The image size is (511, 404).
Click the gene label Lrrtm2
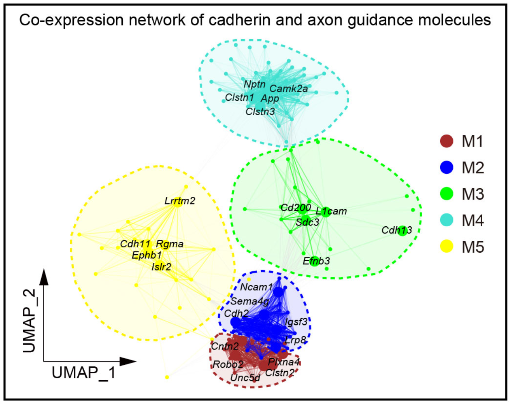(x=180, y=201)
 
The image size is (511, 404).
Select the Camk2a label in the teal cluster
(x=289, y=89)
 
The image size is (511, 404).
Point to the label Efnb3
(x=316, y=261)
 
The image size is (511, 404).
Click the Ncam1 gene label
(x=256, y=287)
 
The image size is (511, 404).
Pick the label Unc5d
(x=245, y=377)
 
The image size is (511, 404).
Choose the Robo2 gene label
(x=228, y=364)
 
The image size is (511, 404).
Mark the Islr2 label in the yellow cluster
(x=161, y=267)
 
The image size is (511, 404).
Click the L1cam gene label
(x=331, y=212)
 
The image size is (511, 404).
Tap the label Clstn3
(x=260, y=112)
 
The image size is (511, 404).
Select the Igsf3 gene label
(x=296, y=322)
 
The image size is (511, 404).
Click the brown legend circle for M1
(x=447, y=141)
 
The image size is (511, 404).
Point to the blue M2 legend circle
(x=447, y=167)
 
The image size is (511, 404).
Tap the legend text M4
(x=473, y=220)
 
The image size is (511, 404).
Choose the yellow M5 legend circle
(x=447, y=247)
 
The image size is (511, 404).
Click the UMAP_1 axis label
(x=84, y=373)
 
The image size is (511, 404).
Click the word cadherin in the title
(x=232, y=20)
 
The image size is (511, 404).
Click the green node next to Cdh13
(x=403, y=231)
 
